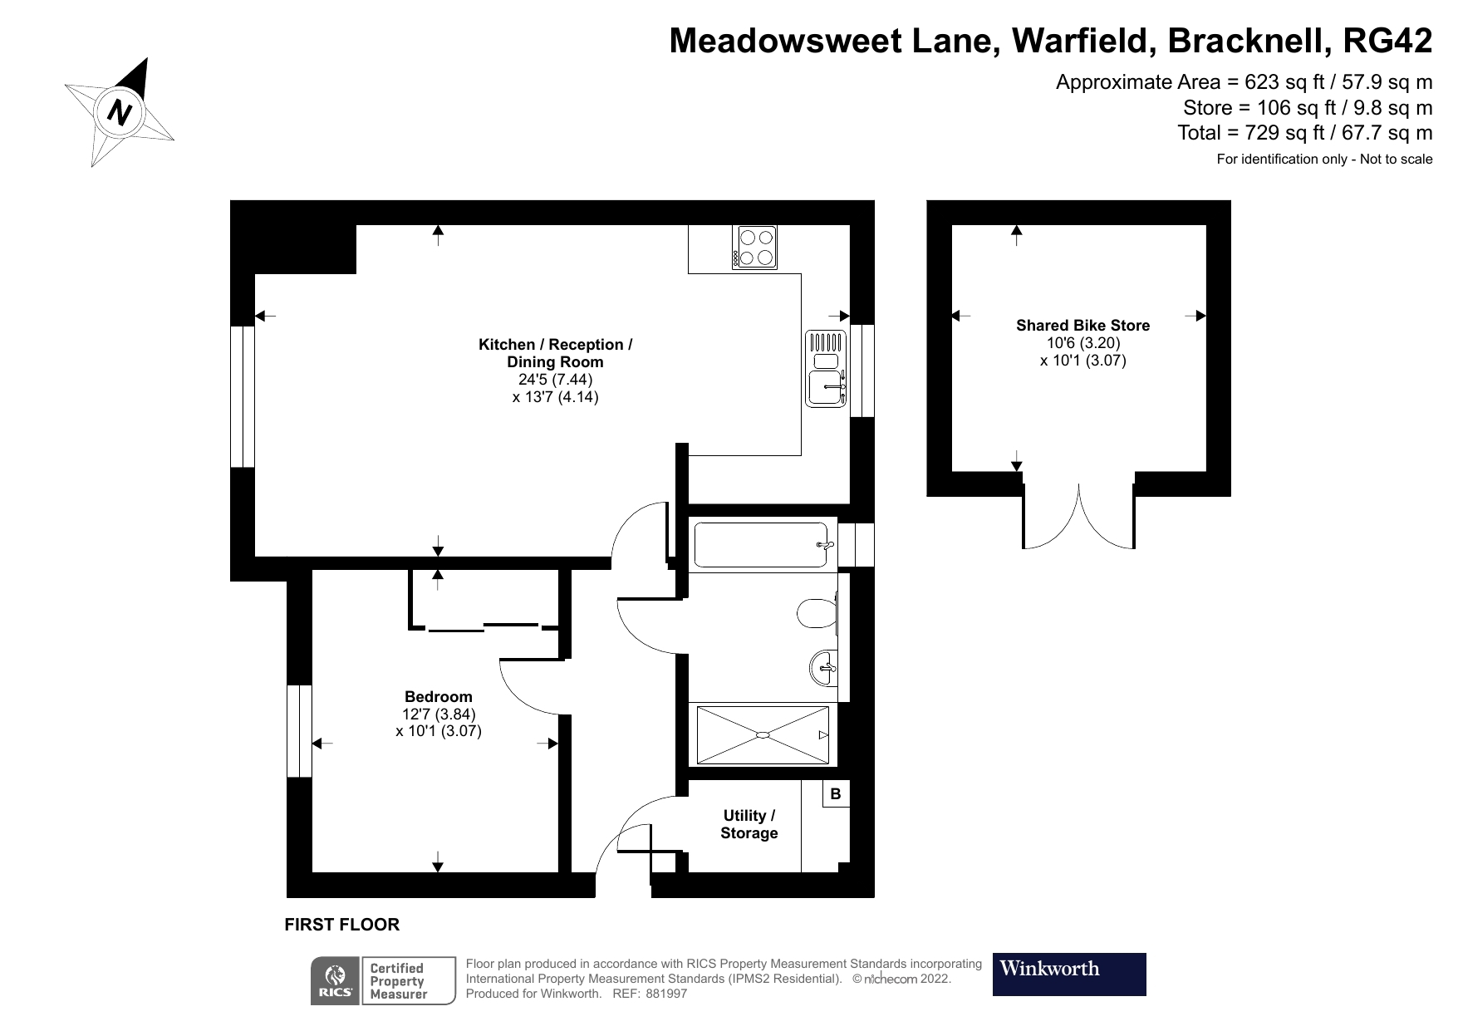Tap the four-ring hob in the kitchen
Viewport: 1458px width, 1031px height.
coord(754,247)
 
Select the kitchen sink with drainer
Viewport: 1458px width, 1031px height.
coord(826,369)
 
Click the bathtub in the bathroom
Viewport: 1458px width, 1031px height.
coord(761,544)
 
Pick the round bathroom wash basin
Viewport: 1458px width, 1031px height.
coord(823,667)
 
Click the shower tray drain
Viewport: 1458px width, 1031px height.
coord(763,734)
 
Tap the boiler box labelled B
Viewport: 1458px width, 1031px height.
coord(836,793)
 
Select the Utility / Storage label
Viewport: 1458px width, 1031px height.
coord(749,824)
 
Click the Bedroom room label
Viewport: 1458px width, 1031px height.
coord(438,696)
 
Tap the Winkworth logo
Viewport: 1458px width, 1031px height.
coord(1068,974)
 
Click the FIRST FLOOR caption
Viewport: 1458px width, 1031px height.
coord(341,924)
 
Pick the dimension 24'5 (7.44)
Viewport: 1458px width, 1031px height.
coord(555,379)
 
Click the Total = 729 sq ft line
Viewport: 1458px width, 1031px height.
coord(1304,132)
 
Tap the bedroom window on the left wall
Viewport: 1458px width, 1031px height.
coord(299,731)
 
